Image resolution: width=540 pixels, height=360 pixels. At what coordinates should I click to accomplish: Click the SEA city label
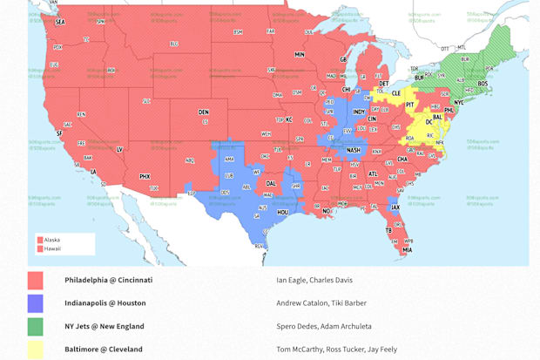pos(60,22)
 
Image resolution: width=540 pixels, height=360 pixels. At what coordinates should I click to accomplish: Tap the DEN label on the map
pos(204,112)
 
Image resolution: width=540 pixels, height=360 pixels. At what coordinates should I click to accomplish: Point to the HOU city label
pos(282,211)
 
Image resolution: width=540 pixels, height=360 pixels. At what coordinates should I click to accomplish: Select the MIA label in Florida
pos(407,250)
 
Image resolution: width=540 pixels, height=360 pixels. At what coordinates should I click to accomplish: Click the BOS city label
pos(482,83)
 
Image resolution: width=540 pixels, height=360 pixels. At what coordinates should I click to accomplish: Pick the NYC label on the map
pos(459,102)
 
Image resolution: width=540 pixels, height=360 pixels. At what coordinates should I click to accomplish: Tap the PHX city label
pos(145,176)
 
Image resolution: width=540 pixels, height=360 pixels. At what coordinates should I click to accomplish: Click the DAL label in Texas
pos(271,183)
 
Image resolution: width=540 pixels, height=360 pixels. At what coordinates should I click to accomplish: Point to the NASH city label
pos(354,150)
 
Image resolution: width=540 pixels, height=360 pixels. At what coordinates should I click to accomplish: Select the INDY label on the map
pos(358,112)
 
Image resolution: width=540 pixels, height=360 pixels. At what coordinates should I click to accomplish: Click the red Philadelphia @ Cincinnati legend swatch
pos(35,281)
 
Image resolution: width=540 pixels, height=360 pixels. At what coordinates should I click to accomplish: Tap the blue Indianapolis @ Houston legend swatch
pos(35,303)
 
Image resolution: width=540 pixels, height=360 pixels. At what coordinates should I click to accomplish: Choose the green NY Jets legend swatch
pos(35,327)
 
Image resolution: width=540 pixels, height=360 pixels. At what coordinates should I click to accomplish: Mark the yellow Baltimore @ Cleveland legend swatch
pos(35,350)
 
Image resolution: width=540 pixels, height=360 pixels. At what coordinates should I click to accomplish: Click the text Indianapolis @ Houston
pos(105,303)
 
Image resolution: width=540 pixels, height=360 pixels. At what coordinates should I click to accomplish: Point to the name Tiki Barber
pos(349,303)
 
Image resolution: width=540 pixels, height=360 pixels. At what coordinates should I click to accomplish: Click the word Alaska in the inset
pos(52,240)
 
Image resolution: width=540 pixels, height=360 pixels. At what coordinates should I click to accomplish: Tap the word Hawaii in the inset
pos(52,249)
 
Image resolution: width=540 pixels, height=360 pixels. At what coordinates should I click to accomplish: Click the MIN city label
pos(300,54)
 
